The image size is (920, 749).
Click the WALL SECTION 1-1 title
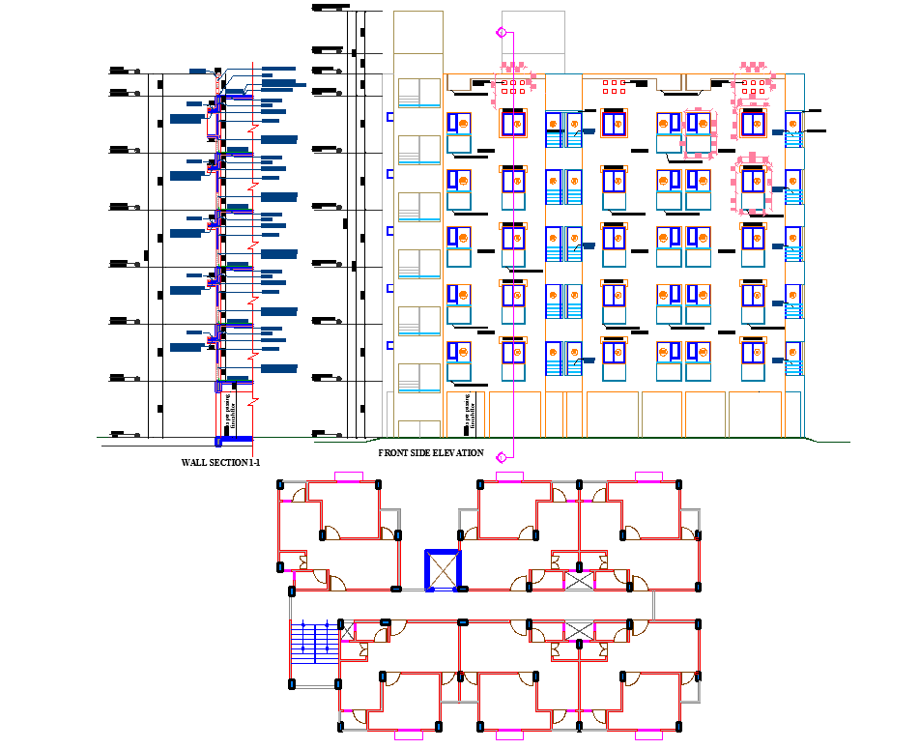(221, 463)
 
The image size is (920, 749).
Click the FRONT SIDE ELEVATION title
(430, 452)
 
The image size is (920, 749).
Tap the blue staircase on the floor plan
(313, 643)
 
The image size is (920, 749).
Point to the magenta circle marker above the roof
(501, 33)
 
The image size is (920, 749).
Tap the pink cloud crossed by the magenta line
(512, 85)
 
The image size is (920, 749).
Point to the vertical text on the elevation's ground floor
(470, 413)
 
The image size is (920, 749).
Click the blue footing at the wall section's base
(232, 441)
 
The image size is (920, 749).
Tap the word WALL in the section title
(194, 463)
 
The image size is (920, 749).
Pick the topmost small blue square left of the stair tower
(390, 117)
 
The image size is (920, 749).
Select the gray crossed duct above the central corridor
(579, 580)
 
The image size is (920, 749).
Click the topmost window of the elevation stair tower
(418, 93)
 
